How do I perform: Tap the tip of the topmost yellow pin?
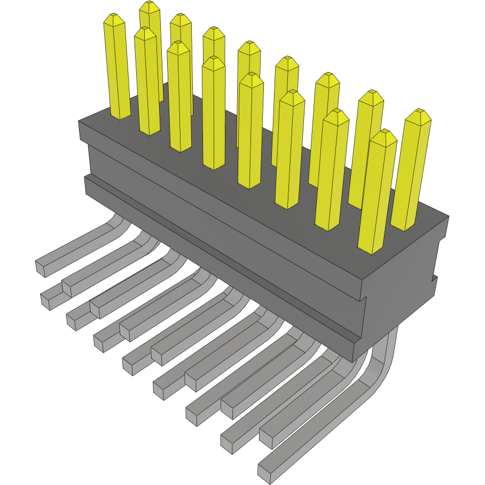[150, 6]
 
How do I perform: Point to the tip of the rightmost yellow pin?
[418, 114]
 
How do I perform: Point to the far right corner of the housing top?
[448, 216]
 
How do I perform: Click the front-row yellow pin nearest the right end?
[376, 192]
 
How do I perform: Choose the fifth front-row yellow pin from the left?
[289, 150]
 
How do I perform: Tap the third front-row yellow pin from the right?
[289, 150]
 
